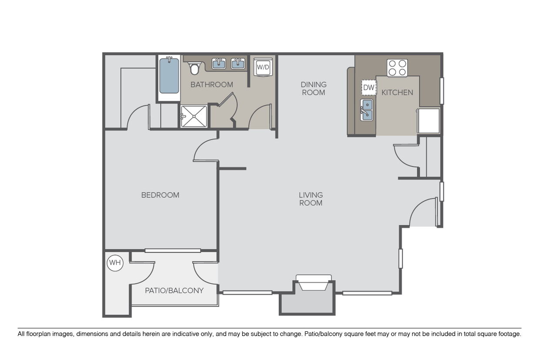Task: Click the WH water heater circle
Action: click(x=115, y=263)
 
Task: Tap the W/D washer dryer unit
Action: click(x=263, y=67)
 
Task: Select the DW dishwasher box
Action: click(x=369, y=87)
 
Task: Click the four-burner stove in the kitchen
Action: click(x=397, y=68)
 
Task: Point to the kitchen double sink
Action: click(x=367, y=110)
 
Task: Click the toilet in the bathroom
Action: click(x=194, y=68)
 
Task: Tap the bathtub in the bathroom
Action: click(x=169, y=75)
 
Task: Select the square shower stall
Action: click(x=194, y=116)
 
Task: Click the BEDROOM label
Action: click(x=160, y=195)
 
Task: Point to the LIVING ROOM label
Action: click(x=311, y=199)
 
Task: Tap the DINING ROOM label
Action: click(x=314, y=88)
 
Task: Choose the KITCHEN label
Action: click(x=397, y=93)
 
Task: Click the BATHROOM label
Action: click(x=212, y=84)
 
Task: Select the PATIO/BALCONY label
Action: click(x=174, y=291)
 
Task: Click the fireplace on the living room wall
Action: click(x=314, y=283)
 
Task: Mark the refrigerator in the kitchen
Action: click(x=429, y=121)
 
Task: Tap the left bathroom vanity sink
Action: click(x=219, y=64)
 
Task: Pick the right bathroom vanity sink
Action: click(x=238, y=64)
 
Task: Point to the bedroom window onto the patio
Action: click(x=173, y=251)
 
